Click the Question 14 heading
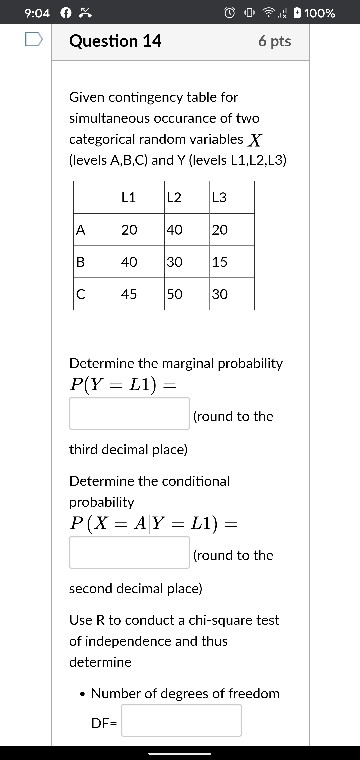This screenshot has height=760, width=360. tap(115, 41)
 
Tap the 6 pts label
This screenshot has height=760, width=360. tap(274, 41)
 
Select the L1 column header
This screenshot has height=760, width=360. tap(128, 197)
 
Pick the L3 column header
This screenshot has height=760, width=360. tap(219, 197)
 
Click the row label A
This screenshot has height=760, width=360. tap(80, 229)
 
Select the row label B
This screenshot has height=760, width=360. tap(80, 261)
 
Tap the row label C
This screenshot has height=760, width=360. tap(80, 294)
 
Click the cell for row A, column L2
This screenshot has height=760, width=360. tap(175, 229)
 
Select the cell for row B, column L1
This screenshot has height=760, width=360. tap(129, 261)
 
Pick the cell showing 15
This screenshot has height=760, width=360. tap(220, 261)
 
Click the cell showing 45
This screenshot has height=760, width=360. tap(129, 294)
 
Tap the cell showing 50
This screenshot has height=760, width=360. tap(175, 294)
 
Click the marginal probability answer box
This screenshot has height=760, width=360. tap(129, 413)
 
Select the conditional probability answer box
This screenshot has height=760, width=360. tap(129, 552)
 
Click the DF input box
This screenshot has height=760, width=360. tap(181, 720)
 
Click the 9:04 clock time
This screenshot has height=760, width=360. tap(37, 13)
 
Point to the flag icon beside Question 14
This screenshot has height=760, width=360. tap(33, 41)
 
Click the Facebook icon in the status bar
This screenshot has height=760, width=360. tap(67, 13)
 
